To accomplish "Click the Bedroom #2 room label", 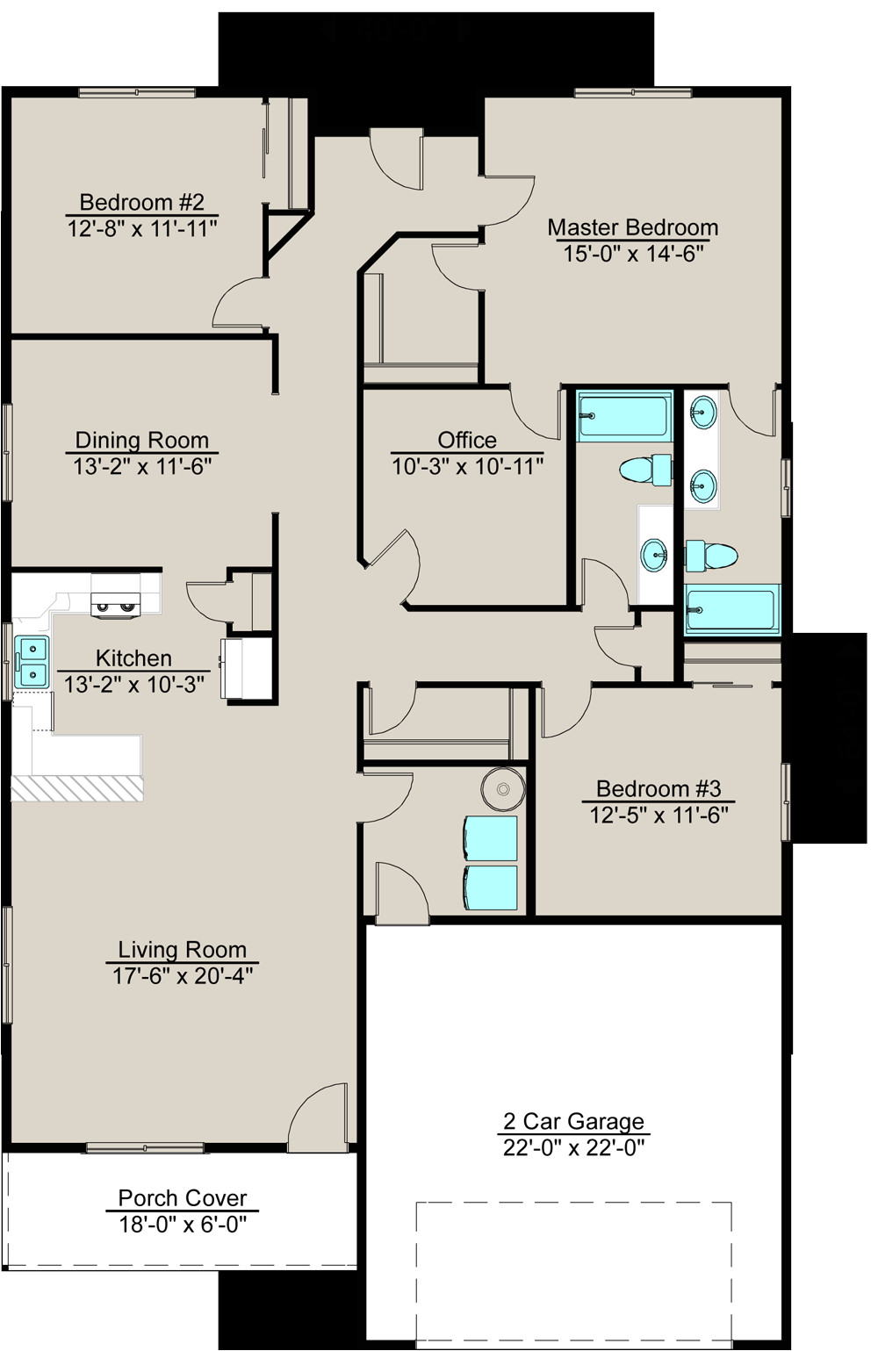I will click(141, 202).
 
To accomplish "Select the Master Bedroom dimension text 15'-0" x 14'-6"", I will click(633, 254).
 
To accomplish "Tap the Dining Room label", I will click(141, 440).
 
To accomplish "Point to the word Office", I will click(467, 440).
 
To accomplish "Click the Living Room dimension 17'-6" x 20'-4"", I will click(183, 975).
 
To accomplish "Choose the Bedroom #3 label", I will click(658, 788).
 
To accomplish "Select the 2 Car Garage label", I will click(573, 1121).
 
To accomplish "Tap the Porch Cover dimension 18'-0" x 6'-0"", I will click(183, 1224).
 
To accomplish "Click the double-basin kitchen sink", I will click(32, 662).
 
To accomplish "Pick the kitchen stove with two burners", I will click(116, 605).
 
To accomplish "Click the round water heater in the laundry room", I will click(503, 789).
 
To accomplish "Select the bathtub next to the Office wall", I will click(624, 415).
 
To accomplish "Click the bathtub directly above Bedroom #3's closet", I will click(731, 608).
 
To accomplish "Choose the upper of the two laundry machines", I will click(490, 838).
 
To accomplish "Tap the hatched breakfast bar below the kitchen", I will click(76, 787).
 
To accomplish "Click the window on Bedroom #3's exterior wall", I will click(786, 801).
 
